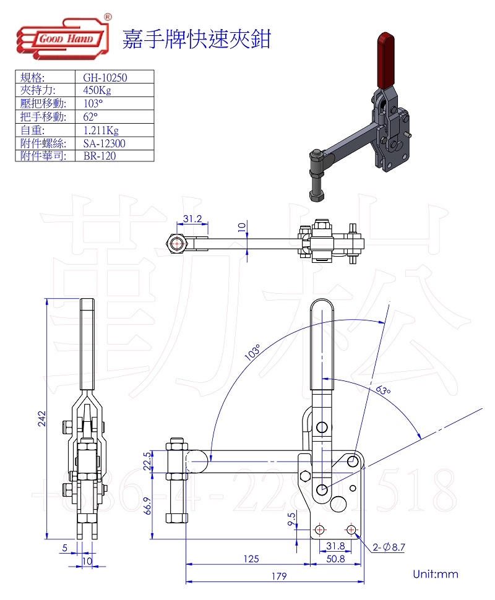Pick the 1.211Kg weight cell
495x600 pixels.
(x=100, y=130)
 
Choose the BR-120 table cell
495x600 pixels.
(x=99, y=156)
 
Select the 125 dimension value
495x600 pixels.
(x=251, y=559)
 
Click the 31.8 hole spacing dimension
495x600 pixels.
(x=335, y=546)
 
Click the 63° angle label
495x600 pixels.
(x=383, y=390)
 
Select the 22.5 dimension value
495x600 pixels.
(x=147, y=461)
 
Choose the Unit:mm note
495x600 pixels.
(x=436, y=574)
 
